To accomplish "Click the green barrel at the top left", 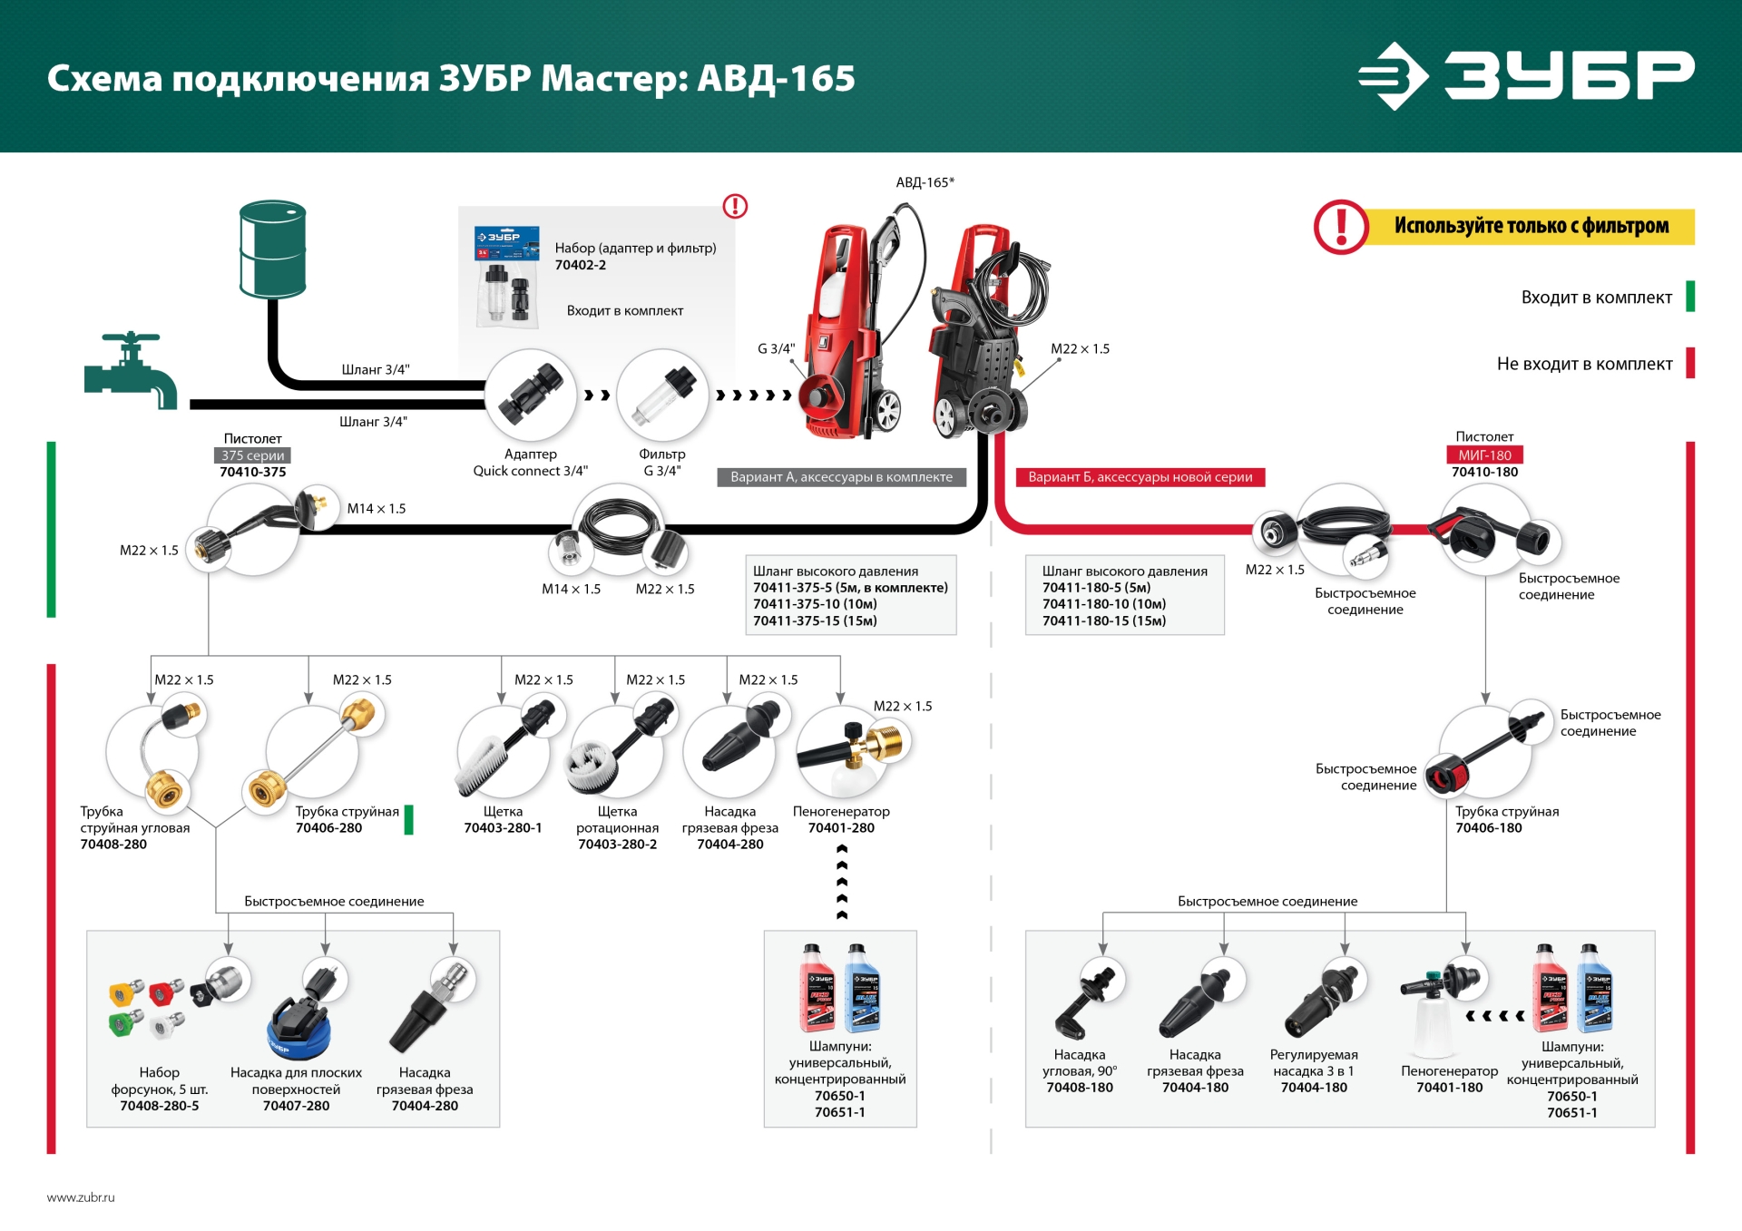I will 272,249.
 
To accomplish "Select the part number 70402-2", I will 581,265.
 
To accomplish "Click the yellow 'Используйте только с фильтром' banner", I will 1531,226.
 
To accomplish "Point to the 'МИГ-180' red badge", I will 1484,455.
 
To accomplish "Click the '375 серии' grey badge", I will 253,455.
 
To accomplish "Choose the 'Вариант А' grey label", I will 841,477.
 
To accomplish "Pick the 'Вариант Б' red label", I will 1140,477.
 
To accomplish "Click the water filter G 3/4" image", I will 662,395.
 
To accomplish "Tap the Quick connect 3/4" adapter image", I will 531,395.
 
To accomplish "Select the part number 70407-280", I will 296,1106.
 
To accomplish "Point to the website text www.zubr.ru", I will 81,1197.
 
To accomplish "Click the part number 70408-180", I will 1080,1088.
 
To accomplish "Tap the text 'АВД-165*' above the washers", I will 925,182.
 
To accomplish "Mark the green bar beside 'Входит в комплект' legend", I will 1690,297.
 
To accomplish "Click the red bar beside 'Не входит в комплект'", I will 1690,363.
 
